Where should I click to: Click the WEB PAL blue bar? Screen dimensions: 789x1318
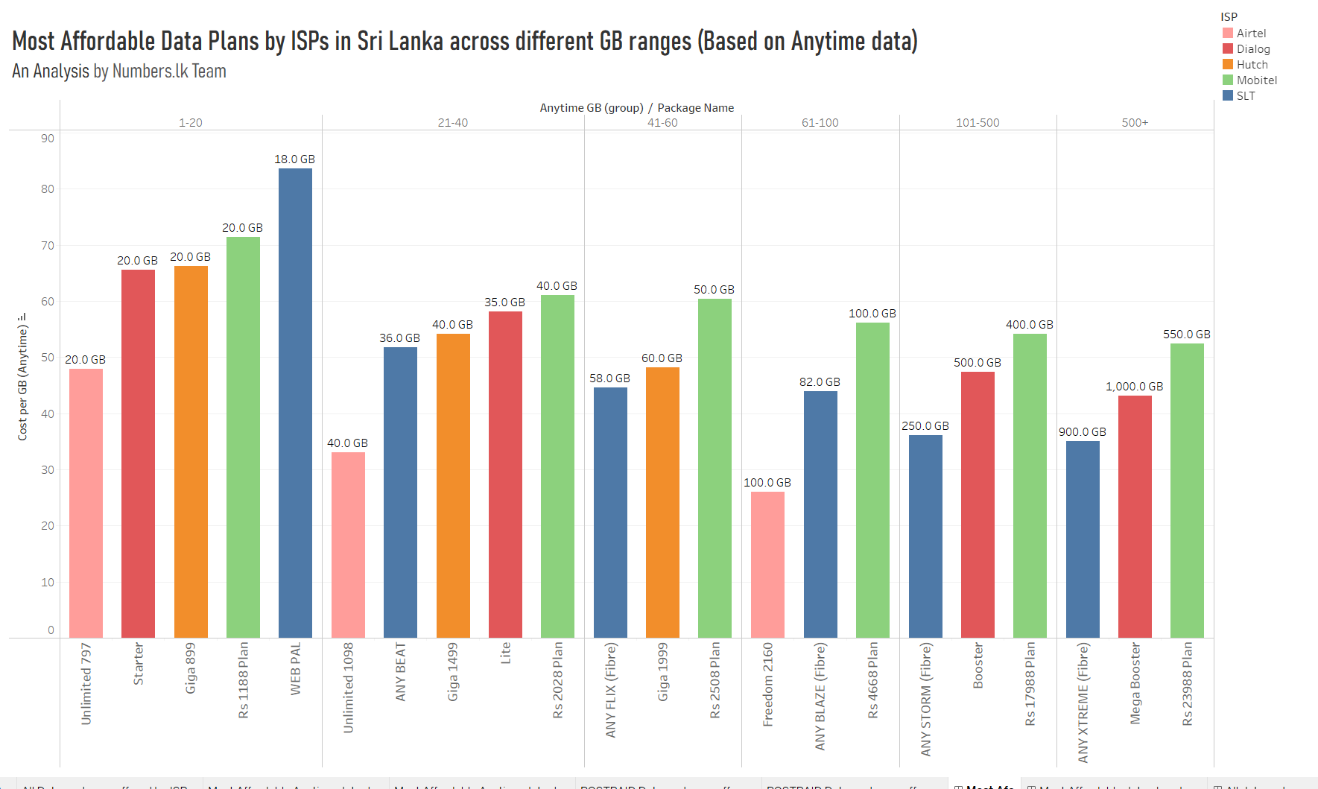pyautogui.click(x=295, y=402)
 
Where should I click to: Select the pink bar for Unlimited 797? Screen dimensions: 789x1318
pyautogui.click(x=86, y=503)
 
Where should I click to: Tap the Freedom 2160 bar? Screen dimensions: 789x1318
pyautogui.click(x=767, y=564)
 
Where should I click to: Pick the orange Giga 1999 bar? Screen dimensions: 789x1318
pyautogui.click(x=662, y=502)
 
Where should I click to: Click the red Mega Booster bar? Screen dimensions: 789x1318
pyautogui.click(x=1135, y=516)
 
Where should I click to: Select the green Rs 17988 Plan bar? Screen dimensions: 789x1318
pyautogui.click(x=1030, y=485)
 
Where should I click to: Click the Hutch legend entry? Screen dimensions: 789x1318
pyautogui.click(x=1252, y=65)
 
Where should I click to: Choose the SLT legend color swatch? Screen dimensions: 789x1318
pyautogui.click(x=1228, y=96)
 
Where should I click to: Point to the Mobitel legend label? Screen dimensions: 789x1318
pyautogui.click(x=1256, y=80)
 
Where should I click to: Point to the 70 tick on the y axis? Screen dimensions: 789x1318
pyautogui.click(x=48, y=245)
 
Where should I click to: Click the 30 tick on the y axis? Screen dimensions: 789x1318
pyautogui.click(x=48, y=469)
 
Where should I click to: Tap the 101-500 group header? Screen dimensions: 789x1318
pyautogui.click(x=978, y=123)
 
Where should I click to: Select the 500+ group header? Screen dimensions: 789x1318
pyautogui.click(x=1135, y=123)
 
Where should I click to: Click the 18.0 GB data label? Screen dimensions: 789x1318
pyautogui.click(x=294, y=159)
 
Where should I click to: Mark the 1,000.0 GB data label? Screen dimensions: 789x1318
pyautogui.click(x=1134, y=387)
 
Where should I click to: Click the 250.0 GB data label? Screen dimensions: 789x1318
pyautogui.click(x=925, y=426)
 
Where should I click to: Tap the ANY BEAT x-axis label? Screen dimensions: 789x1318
pyautogui.click(x=401, y=671)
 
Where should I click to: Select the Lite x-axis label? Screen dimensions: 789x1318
pyautogui.click(x=506, y=653)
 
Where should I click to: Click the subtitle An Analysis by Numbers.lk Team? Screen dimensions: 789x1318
pyautogui.click(x=119, y=72)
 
